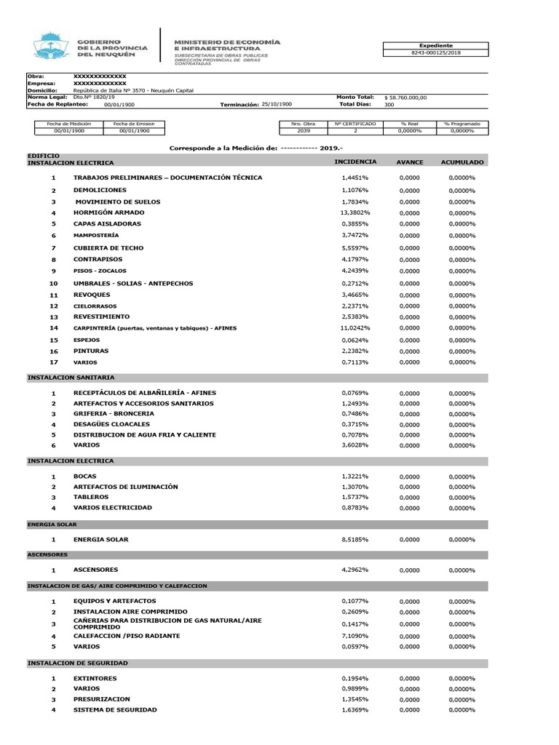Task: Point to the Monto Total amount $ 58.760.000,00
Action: click(x=406, y=97)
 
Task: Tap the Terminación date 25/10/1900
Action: click(x=277, y=105)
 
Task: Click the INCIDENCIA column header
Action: click(x=355, y=161)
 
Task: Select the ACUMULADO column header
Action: click(x=462, y=162)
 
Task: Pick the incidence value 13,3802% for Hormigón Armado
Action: click(x=355, y=212)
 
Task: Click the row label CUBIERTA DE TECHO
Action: click(x=108, y=248)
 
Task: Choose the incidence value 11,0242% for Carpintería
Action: click(x=355, y=328)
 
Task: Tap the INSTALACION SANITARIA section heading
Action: click(x=71, y=378)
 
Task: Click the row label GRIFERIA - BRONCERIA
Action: click(x=114, y=414)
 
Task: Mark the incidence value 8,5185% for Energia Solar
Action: click(x=355, y=540)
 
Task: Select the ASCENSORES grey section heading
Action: click(x=48, y=554)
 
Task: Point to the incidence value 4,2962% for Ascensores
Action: click(x=355, y=570)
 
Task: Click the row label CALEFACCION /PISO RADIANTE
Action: click(x=127, y=636)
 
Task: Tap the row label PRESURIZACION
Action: click(x=102, y=699)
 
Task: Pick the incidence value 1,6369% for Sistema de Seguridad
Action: click(x=355, y=710)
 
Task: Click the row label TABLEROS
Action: click(x=91, y=497)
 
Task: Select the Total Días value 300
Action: click(x=389, y=105)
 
